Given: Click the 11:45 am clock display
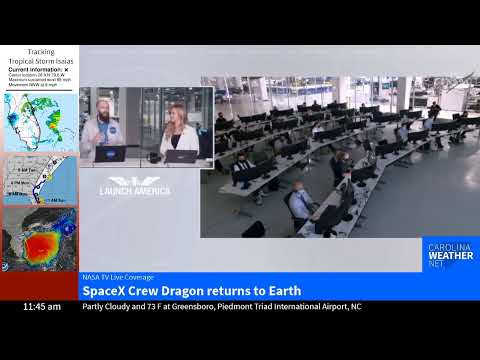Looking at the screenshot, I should [x=42, y=307].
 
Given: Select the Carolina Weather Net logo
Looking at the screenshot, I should [x=450, y=255].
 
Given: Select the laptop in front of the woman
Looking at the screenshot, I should [x=180, y=155].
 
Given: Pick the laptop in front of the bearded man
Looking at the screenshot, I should [x=108, y=154].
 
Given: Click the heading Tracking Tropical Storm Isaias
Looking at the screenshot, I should [x=41, y=56].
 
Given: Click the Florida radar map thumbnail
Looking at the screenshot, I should [x=40, y=122].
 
